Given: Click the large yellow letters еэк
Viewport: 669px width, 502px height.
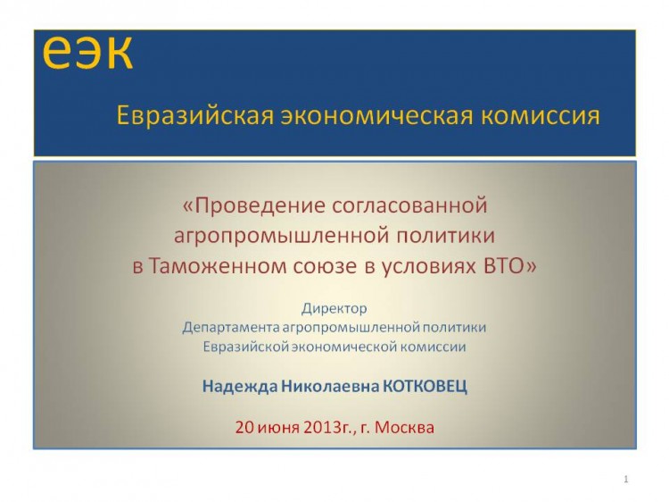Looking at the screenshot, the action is (x=87, y=52).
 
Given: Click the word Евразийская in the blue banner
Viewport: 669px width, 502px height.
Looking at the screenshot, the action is (x=195, y=116).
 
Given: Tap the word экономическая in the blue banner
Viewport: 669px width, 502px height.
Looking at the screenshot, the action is (x=376, y=116).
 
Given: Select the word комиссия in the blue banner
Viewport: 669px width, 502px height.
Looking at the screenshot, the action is (x=541, y=116).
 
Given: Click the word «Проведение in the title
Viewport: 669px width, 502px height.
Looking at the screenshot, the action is (x=254, y=205).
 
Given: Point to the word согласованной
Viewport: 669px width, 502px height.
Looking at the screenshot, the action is (x=409, y=205).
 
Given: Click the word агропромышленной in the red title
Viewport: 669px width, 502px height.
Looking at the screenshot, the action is (x=282, y=236).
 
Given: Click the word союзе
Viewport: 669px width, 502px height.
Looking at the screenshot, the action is (x=325, y=267).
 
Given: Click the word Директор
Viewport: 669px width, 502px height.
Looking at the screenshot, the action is (x=334, y=309).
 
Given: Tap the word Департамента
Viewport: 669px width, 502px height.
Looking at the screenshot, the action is (x=231, y=328).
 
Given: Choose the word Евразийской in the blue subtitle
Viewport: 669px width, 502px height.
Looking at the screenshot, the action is (x=246, y=347).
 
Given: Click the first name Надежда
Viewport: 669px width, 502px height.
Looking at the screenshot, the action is (x=239, y=387).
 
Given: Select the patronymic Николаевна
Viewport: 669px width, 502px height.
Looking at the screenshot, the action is (x=330, y=387).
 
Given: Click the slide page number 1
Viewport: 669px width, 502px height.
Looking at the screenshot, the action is (x=626, y=480).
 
